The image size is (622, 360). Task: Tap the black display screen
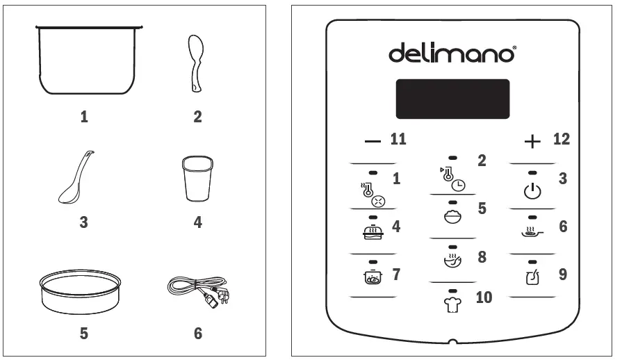(x=452, y=99)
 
